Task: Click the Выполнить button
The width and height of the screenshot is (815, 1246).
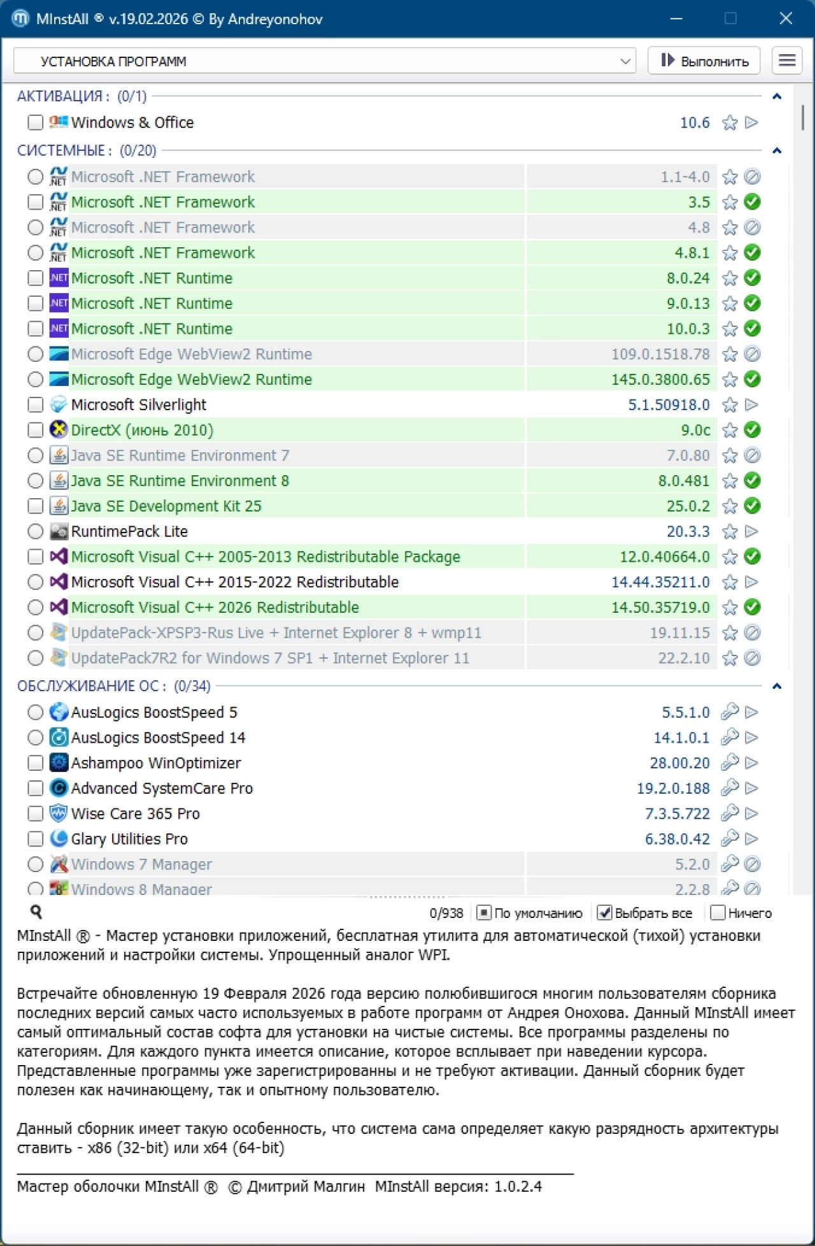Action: pos(704,61)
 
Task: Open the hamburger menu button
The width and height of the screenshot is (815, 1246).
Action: pos(787,61)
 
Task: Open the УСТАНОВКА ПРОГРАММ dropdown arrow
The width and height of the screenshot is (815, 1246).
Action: pos(625,61)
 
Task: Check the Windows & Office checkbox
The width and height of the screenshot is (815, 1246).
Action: pos(36,122)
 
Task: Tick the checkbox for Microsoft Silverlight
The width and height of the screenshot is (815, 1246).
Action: pos(36,405)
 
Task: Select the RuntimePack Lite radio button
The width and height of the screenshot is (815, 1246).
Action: pos(36,531)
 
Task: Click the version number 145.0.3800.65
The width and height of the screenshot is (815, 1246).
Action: pos(660,380)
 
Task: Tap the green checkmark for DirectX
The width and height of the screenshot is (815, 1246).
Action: pos(752,430)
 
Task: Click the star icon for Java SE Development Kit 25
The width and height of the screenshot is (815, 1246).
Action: pos(730,506)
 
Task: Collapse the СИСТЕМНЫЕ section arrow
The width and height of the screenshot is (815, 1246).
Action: pos(777,151)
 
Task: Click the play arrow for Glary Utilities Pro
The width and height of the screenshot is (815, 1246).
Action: pos(752,839)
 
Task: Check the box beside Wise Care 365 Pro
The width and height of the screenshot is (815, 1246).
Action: pos(36,814)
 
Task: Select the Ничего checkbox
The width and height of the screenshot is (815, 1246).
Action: pos(718,913)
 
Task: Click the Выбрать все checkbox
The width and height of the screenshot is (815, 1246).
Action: pos(604,913)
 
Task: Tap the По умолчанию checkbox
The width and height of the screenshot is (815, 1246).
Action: pos(484,913)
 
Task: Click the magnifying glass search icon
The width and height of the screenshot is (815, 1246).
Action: pos(36,912)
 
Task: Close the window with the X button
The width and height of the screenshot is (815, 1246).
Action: pos(786,18)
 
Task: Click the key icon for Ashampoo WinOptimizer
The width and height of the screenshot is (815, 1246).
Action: pos(730,763)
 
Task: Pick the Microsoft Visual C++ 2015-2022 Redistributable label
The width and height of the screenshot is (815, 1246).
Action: pos(235,582)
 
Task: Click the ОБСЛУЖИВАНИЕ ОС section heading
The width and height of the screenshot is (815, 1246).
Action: pos(92,686)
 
